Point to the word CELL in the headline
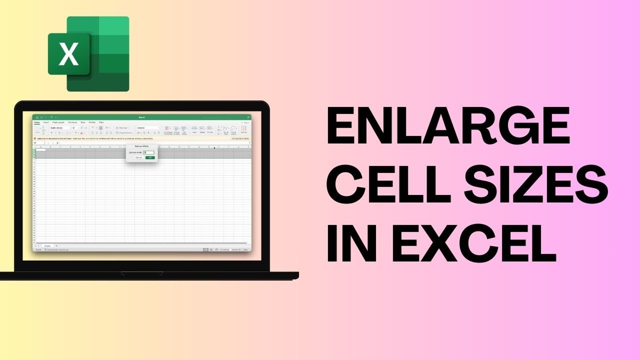pyautogui.click(x=379, y=184)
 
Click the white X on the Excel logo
pyautogui.click(x=68, y=54)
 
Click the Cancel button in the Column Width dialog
pyautogui.click(x=138, y=157)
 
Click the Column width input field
pyautogui.click(x=149, y=152)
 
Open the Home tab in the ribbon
pyautogui.click(x=37, y=122)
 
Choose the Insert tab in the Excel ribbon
pyautogui.click(x=46, y=122)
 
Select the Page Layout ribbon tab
pyautogui.click(x=58, y=122)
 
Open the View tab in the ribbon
pyautogui.click(x=101, y=122)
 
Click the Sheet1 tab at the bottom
pyautogui.click(x=47, y=246)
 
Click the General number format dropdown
pyautogui.click(x=148, y=128)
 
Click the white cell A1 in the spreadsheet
pyautogui.click(x=40, y=150)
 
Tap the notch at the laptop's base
pyautogui.click(x=142, y=273)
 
